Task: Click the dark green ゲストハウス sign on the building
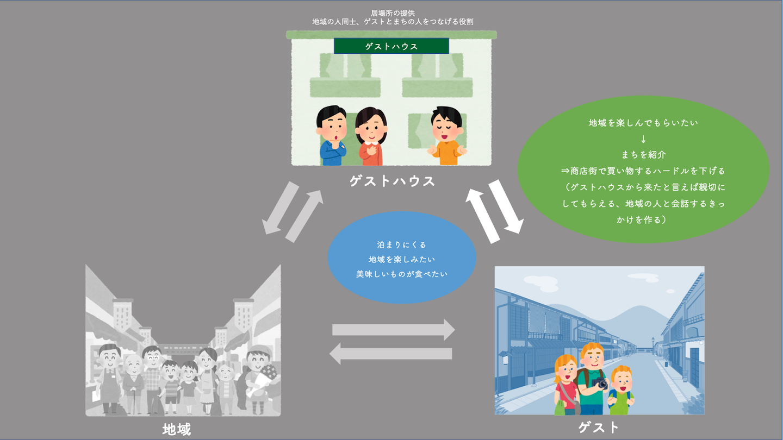coord(391,46)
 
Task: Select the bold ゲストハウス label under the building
coord(392,181)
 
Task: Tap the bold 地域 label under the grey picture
coord(177,429)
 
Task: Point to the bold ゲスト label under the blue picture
coord(599,427)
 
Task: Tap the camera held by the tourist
coord(600,384)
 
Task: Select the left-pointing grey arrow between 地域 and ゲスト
coord(391,354)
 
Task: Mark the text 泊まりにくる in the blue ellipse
coord(402,245)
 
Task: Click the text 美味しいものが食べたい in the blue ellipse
coord(402,274)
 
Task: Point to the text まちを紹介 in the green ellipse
coord(643,155)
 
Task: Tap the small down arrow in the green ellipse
coord(643,139)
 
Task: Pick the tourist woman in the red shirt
coord(565,386)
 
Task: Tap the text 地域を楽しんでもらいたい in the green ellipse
coord(643,123)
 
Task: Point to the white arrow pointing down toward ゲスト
coord(506,206)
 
